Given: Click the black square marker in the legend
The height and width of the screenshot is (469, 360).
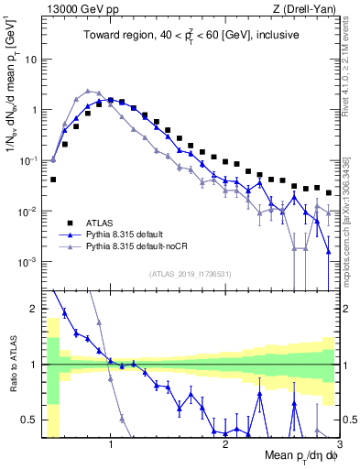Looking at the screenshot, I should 69,222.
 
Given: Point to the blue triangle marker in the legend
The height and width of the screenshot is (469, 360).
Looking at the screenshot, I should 69,234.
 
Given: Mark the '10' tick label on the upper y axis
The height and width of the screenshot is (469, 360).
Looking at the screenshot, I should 31,59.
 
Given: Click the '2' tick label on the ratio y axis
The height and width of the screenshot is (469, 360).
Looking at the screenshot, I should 34,309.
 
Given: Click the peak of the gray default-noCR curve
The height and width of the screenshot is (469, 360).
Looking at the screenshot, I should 87,91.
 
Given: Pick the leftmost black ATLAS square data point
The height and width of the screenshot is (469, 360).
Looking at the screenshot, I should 53,180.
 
